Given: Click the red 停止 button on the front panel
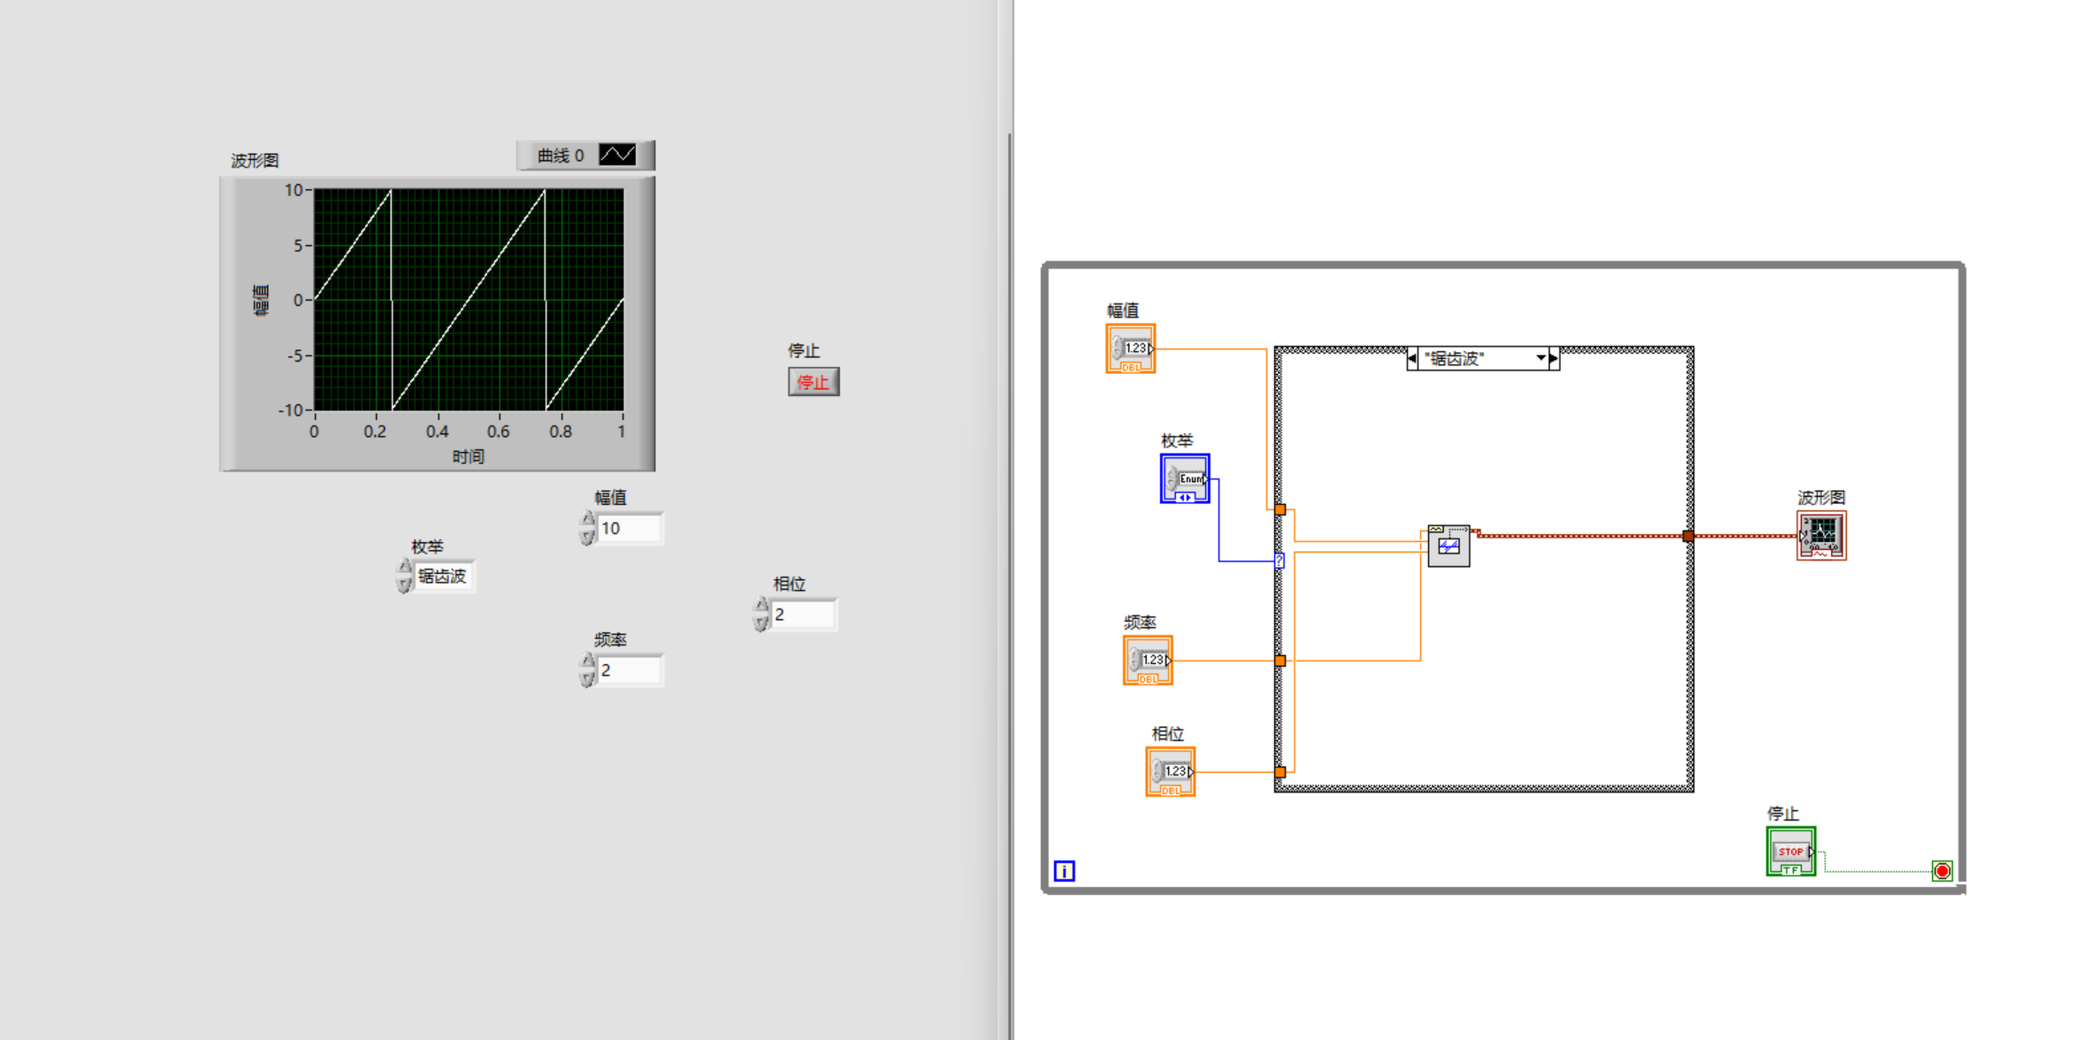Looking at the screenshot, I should (813, 382).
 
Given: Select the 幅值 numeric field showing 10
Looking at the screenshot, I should (629, 529).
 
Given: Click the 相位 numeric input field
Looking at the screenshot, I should (803, 615).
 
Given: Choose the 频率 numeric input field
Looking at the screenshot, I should (629, 670).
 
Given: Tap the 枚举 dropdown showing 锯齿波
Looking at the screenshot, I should (443, 577).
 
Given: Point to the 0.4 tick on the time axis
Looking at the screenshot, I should (437, 432).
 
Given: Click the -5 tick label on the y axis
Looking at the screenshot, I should (295, 356).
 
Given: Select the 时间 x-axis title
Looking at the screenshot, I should (468, 456).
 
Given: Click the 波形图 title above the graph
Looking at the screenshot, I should (255, 160).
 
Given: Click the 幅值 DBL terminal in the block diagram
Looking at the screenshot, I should (1131, 348).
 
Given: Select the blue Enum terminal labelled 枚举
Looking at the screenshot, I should (1185, 478).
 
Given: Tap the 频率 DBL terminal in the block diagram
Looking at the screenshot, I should (1148, 661).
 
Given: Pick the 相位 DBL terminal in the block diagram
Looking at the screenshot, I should (1171, 772).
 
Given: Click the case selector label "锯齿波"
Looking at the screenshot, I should (1482, 358).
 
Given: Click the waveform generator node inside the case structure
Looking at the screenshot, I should (1448, 546).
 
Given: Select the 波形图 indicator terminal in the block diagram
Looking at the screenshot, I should (1821, 535).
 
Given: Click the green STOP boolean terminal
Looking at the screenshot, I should (1790, 852).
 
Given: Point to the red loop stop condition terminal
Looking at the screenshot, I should (1942, 871).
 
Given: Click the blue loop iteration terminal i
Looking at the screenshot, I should (1065, 871).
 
